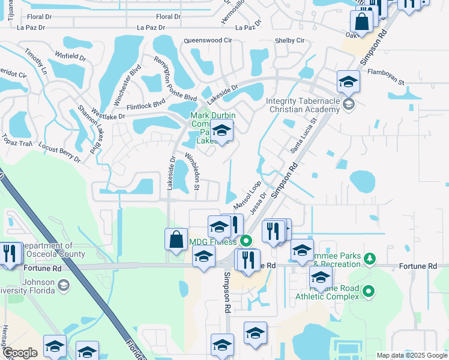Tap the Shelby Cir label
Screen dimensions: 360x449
290,40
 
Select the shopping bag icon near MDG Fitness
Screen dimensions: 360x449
176,239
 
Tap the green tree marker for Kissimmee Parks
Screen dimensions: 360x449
370,258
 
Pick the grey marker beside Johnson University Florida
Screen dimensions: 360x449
63,286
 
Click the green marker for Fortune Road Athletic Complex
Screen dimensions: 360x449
369,292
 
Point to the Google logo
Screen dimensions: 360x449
20,353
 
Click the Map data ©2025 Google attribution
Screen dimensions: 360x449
411,355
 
